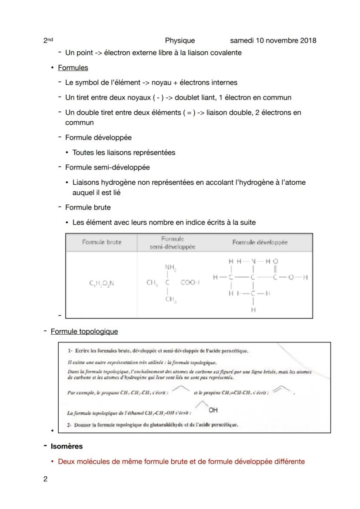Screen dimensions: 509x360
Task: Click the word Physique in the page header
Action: [180, 40]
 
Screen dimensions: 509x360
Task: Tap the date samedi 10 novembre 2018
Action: [273, 40]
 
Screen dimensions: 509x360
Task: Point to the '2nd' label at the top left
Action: [48, 40]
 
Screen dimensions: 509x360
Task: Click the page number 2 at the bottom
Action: [45, 479]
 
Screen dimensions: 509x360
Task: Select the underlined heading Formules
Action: [73, 68]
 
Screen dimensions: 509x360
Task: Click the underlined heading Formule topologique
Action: [84, 332]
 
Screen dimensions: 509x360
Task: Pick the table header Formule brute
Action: [101, 243]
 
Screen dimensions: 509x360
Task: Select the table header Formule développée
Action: [260, 243]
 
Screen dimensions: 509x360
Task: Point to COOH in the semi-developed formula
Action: [190, 283]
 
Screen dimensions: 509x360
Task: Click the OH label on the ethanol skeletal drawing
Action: [213, 410]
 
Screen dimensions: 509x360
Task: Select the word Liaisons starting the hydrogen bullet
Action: [86, 183]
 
